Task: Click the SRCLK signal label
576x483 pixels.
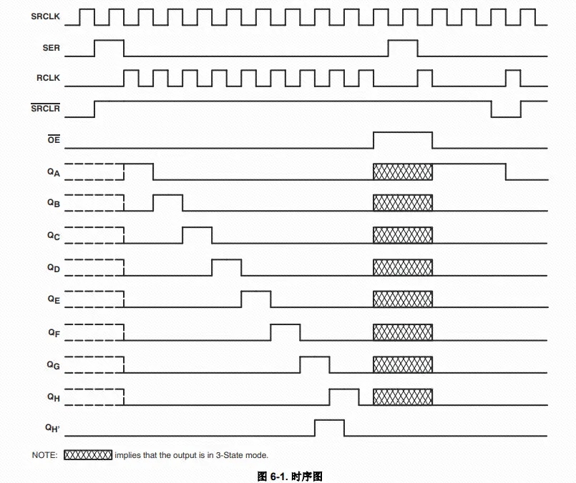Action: point(45,16)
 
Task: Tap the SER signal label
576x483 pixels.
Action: point(51,48)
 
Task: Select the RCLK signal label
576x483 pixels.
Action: point(48,78)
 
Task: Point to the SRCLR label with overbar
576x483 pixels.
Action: point(45,108)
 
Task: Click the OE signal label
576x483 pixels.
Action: point(54,139)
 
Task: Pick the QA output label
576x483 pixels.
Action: point(54,172)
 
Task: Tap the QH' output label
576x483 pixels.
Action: point(52,428)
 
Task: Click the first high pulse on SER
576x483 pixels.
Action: point(109,41)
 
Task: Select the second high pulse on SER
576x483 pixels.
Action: point(403,41)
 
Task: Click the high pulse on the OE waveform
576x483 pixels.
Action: point(403,132)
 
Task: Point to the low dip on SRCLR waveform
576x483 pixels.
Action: point(506,116)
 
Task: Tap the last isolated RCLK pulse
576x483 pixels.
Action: point(513,70)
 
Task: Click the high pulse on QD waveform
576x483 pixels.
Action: point(227,259)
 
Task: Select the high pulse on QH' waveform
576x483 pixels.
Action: point(330,420)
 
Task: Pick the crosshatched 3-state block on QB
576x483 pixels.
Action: point(403,203)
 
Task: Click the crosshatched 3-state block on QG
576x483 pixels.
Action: point(403,364)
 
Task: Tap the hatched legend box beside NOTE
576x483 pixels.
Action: point(88,454)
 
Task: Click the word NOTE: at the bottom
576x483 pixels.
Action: point(45,455)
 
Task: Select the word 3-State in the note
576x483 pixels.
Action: point(230,455)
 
